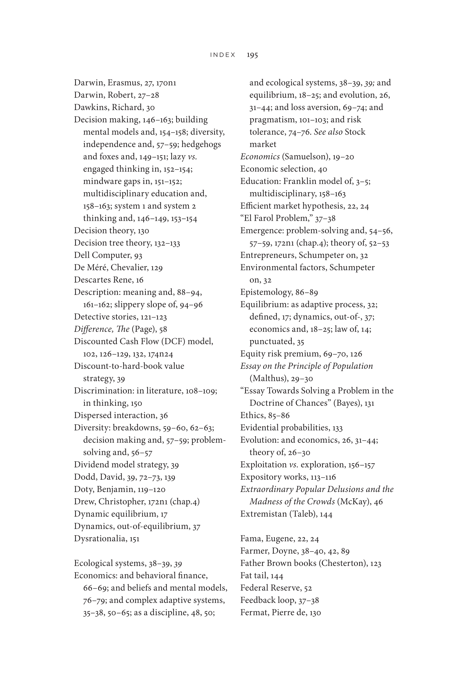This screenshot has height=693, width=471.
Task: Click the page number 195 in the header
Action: click(252, 55)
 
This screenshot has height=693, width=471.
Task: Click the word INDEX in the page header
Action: click(223, 55)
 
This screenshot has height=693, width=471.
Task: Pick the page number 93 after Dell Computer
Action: click(138, 255)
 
